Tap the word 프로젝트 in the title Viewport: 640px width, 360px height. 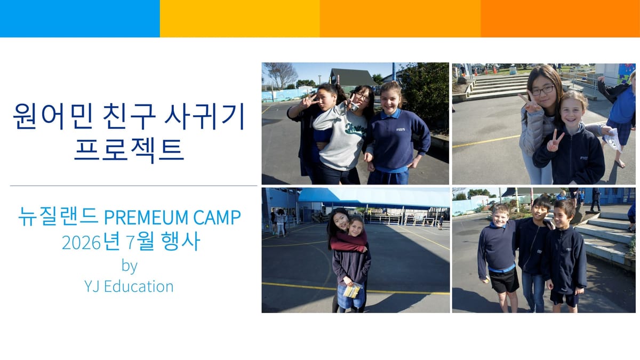[x=129, y=149]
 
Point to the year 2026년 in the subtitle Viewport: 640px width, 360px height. [x=90, y=243]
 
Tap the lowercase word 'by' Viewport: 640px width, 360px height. [x=129, y=265]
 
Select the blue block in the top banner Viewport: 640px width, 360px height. [x=80, y=19]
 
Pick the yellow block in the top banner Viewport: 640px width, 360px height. [x=240, y=19]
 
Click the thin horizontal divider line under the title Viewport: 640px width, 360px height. [x=133, y=186]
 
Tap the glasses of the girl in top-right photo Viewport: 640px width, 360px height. [x=542, y=91]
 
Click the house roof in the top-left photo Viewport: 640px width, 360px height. [x=353, y=75]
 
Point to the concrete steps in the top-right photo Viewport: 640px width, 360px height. [x=497, y=86]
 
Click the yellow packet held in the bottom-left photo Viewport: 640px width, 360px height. [x=351, y=291]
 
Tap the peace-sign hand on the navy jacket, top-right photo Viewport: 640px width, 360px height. [x=555, y=141]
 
